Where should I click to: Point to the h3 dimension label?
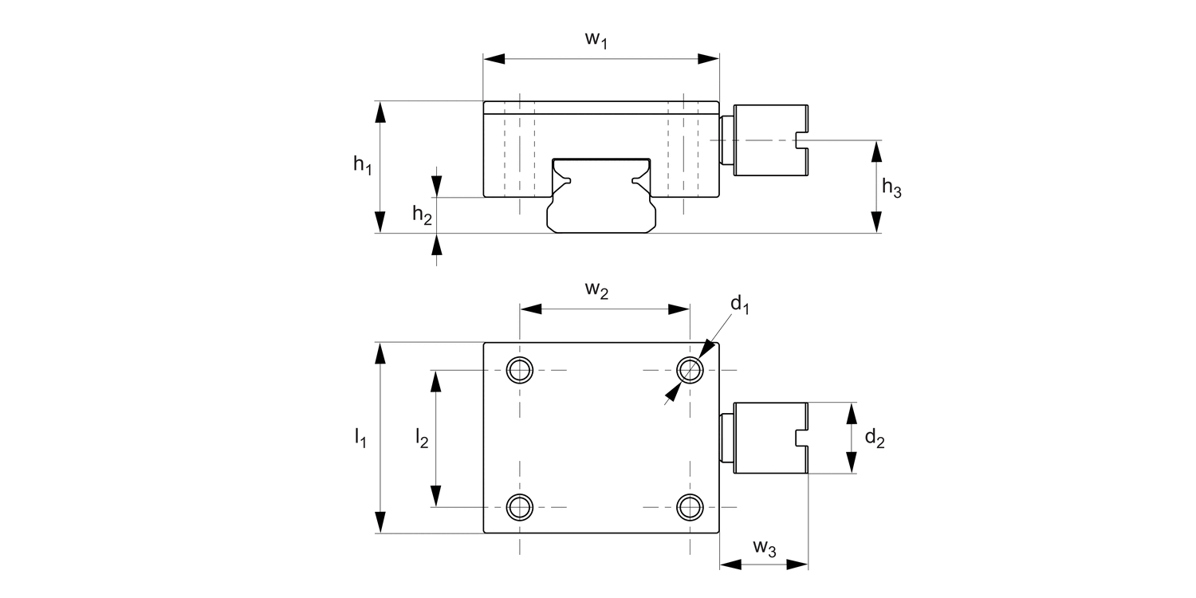point(891,189)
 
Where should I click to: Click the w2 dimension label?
point(597,291)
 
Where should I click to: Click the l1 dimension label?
point(360,438)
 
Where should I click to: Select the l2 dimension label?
point(422,438)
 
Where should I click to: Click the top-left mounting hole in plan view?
point(520,370)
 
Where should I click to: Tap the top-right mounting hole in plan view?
point(690,370)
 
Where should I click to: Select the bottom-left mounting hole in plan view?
point(520,506)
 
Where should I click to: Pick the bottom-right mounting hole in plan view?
point(690,506)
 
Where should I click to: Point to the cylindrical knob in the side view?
point(769,140)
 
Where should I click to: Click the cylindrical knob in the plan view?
point(769,438)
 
